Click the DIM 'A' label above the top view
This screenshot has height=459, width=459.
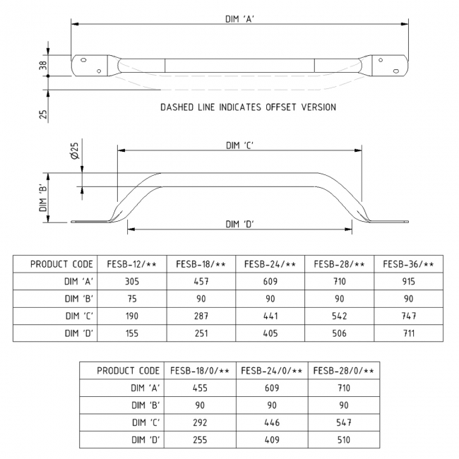(240, 19)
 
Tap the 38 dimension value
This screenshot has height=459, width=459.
(43, 65)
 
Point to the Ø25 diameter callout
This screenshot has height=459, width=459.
(75, 150)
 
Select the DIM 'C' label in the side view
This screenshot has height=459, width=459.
(240, 145)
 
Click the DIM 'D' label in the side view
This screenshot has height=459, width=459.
(240, 225)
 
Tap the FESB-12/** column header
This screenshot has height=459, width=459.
(132, 264)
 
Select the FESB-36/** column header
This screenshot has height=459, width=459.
(408, 264)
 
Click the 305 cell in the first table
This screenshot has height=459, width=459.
(132, 282)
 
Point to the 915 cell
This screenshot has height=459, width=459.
(408, 282)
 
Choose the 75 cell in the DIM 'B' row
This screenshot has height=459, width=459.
(132, 299)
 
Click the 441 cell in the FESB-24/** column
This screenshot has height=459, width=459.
(270, 316)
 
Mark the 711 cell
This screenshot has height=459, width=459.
(408, 333)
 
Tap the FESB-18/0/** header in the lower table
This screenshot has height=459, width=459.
(200, 371)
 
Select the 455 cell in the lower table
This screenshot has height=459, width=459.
(200, 388)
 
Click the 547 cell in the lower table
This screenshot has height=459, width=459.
(344, 423)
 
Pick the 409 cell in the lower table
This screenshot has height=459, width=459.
(272, 440)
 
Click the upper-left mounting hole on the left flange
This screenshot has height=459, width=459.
(83, 60)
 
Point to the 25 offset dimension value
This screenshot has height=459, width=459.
(43, 114)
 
